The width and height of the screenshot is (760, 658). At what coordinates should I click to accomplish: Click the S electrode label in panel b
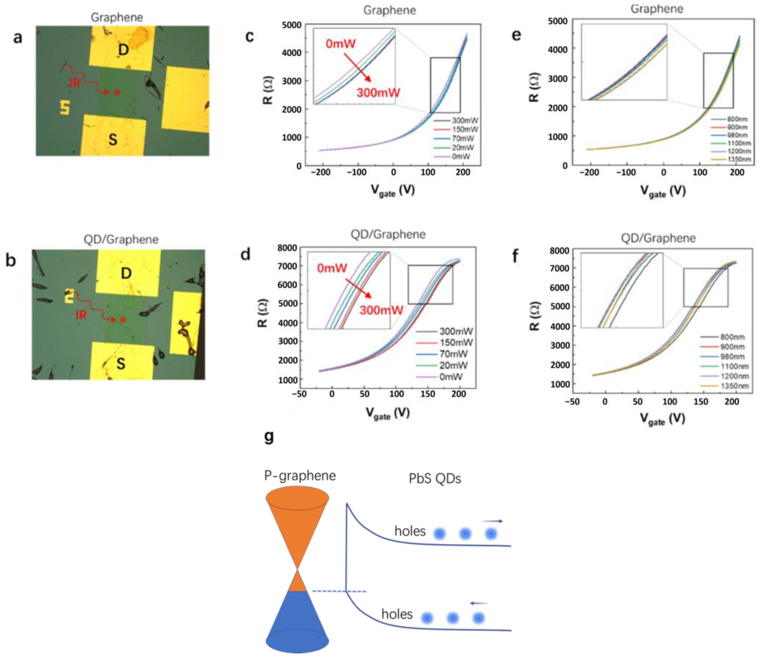pyautogui.click(x=121, y=363)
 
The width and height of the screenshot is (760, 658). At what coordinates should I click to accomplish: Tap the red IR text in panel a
pyautogui.click(x=75, y=83)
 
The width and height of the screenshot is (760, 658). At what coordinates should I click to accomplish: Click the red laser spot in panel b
pyautogui.click(x=123, y=320)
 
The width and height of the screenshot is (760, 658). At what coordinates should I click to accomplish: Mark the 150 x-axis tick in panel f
pyautogui.click(x=701, y=402)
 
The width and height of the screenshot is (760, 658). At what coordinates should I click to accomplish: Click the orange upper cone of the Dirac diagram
pyautogui.click(x=297, y=521)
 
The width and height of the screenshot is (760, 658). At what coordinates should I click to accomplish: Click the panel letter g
pyautogui.click(x=269, y=437)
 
